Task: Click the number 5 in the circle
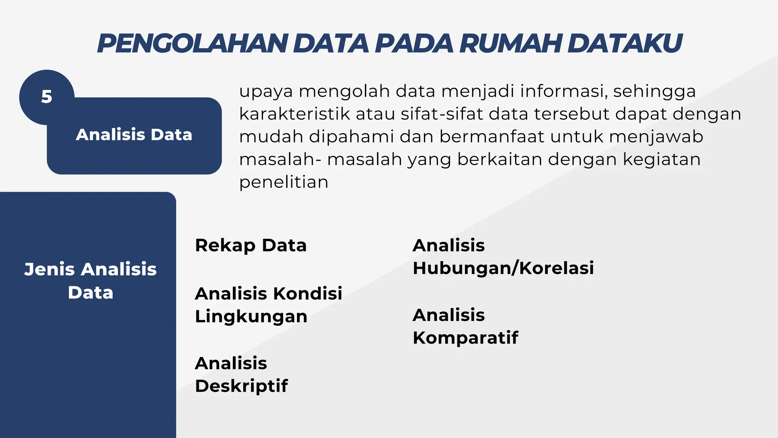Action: pyautogui.click(x=46, y=97)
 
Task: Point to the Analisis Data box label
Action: pyautogui.click(x=134, y=135)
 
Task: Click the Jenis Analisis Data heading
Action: pyautogui.click(x=90, y=281)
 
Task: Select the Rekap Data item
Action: pyautogui.click(x=251, y=245)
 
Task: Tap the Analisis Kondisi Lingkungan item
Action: pyautogui.click(x=268, y=305)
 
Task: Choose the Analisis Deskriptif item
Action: pyautogui.click(x=241, y=375)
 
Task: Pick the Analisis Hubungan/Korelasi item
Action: pyautogui.click(x=503, y=257)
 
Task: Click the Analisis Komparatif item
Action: pyautogui.click(x=465, y=326)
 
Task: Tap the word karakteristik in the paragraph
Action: pyautogui.click(x=294, y=114)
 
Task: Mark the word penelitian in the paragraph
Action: pyautogui.click(x=283, y=182)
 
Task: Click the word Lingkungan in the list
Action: pyautogui.click(x=251, y=317)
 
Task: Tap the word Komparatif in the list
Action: pyautogui.click(x=465, y=338)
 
